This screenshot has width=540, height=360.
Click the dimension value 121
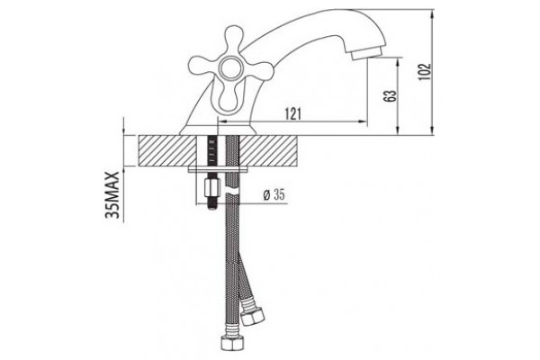[293, 114]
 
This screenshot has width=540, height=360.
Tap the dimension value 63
[390, 96]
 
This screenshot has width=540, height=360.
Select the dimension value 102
[425, 72]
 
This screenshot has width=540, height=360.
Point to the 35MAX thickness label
[112, 194]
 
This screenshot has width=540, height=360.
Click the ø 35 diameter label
[274, 195]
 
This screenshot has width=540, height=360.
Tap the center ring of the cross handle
[230, 68]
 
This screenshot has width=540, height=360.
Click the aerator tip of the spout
[366, 52]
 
